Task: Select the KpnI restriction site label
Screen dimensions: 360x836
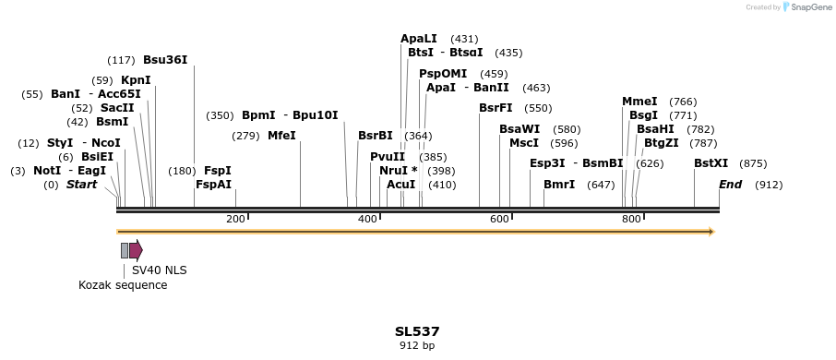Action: pos(136,80)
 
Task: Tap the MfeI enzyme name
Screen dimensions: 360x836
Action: pos(281,136)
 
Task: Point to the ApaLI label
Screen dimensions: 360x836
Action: pos(419,39)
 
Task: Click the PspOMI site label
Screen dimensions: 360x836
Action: pos(443,74)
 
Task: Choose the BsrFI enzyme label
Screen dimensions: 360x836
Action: pos(496,108)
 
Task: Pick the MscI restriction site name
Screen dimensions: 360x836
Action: pos(524,143)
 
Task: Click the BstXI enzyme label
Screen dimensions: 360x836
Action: pos(711,163)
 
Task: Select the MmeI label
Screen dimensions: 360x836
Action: pos(639,102)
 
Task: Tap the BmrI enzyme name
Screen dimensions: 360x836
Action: pos(559,185)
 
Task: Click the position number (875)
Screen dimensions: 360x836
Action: pos(753,163)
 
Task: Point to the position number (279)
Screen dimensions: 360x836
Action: pos(245,136)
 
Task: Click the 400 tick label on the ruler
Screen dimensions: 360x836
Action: pos(367,219)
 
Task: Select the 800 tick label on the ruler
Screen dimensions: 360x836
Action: pos(631,219)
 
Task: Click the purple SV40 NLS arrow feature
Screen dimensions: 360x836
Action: pos(136,250)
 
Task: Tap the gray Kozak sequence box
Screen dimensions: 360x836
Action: pos(125,250)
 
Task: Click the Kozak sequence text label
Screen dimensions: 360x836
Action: pos(123,285)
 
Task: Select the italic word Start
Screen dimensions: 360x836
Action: pos(81,185)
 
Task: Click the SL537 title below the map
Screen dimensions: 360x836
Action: pos(417,331)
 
